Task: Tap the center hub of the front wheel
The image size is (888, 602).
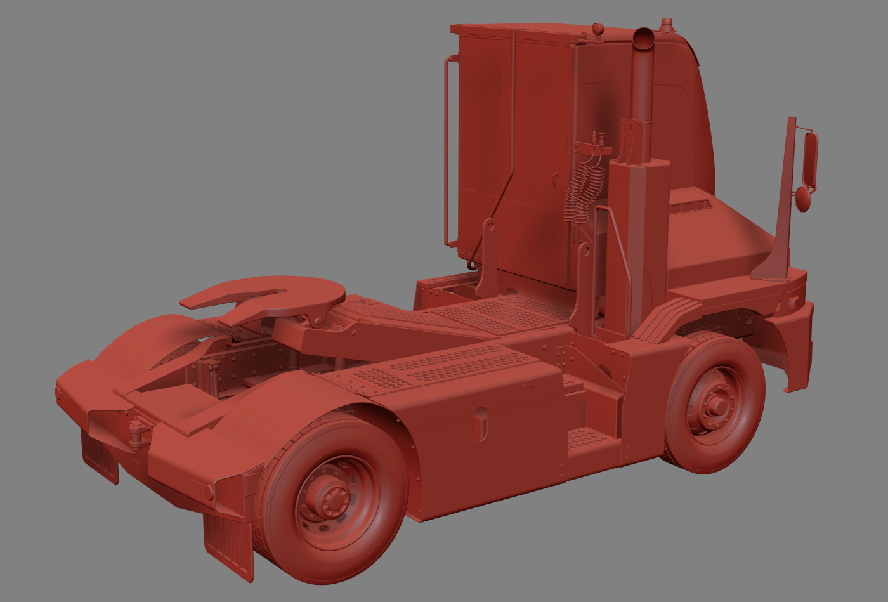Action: (x=718, y=403)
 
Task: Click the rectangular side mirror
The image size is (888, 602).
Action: (x=810, y=159)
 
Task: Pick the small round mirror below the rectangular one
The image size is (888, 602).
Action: (x=803, y=199)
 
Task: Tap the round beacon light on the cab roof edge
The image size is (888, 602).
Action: (x=597, y=29)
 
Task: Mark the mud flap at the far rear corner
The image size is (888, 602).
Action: (x=100, y=457)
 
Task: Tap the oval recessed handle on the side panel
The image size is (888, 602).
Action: (x=480, y=424)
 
